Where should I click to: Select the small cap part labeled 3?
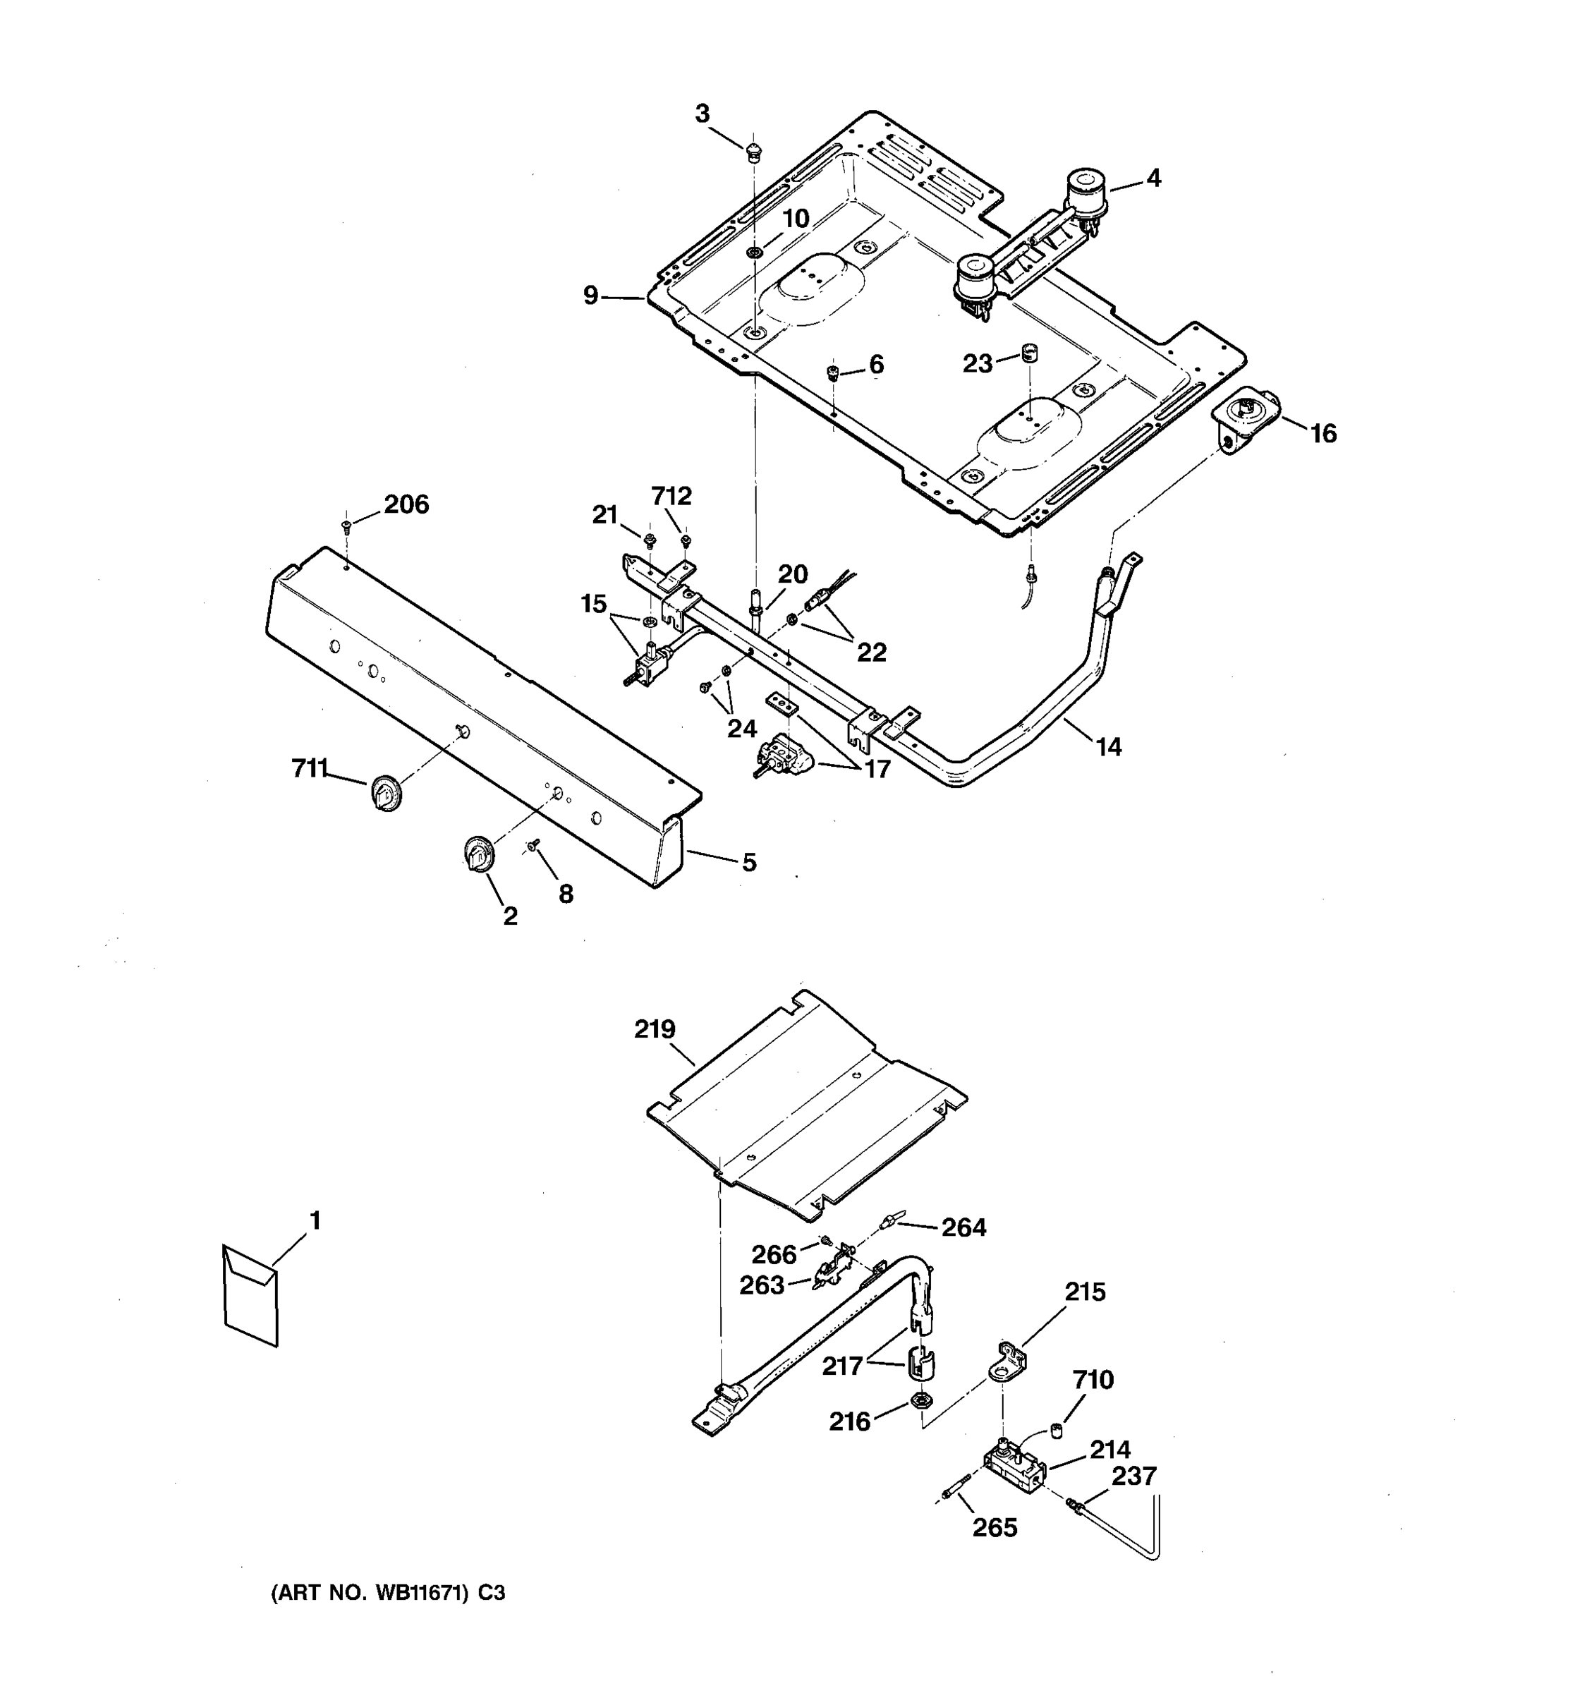[x=753, y=153]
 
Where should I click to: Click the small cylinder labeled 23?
[x=1031, y=352]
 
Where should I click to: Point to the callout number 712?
[x=671, y=496]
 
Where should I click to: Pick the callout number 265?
[x=995, y=1528]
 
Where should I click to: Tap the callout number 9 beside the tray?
[x=591, y=296]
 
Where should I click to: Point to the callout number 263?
[x=761, y=1285]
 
